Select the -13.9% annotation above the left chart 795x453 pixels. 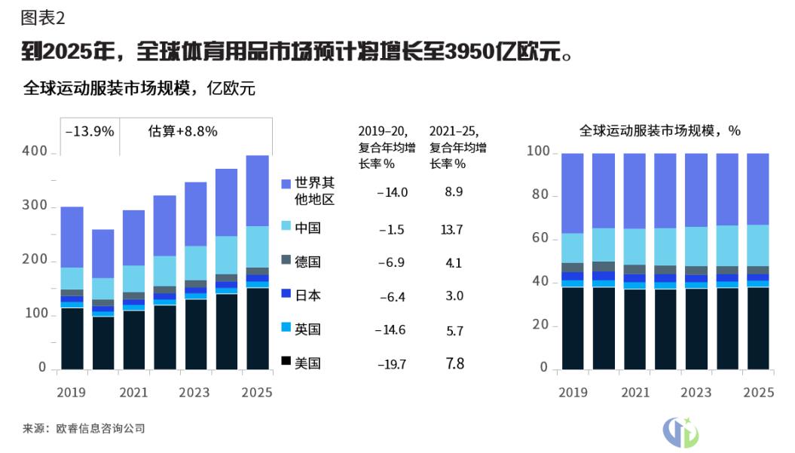coord(90,131)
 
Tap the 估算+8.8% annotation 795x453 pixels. coord(182,131)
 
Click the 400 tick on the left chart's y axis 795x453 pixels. coord(35,152)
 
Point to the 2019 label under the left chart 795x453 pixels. coord(71,393)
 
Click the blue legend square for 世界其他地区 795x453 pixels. coord(286,184)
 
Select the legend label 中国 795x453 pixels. coord(308,227)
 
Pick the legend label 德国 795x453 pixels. coord(308,262)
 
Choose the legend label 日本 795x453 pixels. coord(308,295)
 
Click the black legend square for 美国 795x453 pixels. coord(286,363)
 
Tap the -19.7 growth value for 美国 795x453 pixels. coord(392,365)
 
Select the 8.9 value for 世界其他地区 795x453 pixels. coord(454,192)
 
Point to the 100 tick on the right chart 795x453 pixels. coord(537,152)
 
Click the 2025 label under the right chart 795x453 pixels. coord(759,393)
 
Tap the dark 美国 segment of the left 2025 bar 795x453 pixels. coord(258,328)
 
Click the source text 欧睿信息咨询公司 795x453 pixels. coord(100,429)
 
